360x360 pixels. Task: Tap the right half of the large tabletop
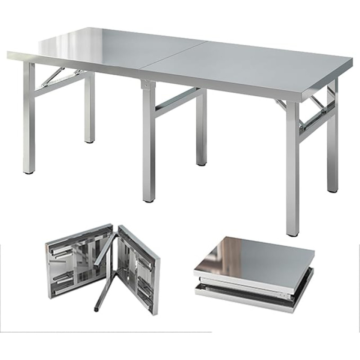(x=252, y=67)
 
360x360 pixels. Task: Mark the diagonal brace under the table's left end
(x=53, y=77)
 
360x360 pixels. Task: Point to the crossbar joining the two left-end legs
(x=61, y=83)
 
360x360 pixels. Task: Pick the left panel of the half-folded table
(x=79, y=268)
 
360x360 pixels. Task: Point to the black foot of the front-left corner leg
(x=28, y=172)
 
